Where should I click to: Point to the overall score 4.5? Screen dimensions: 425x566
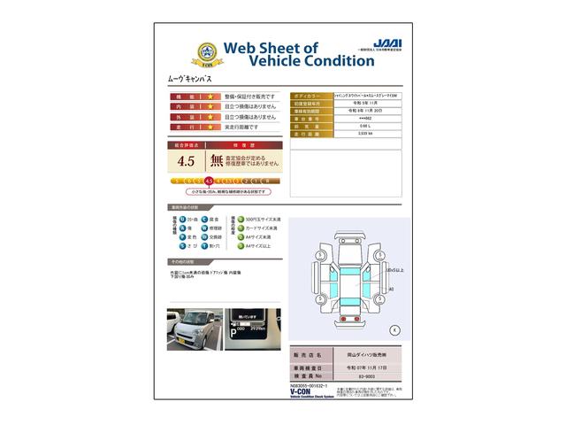pyautogui.click(x=187, y=161)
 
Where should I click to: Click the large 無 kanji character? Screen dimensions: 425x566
pyautogui.click(x=217, y=161)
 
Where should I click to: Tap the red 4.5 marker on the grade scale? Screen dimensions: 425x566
pyautogui.click(x=209, y=180)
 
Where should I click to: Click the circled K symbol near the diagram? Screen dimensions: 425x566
pyautogui.click(x=394, y=329)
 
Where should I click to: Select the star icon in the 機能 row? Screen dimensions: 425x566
pyautogui.click(x=210, y=96)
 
